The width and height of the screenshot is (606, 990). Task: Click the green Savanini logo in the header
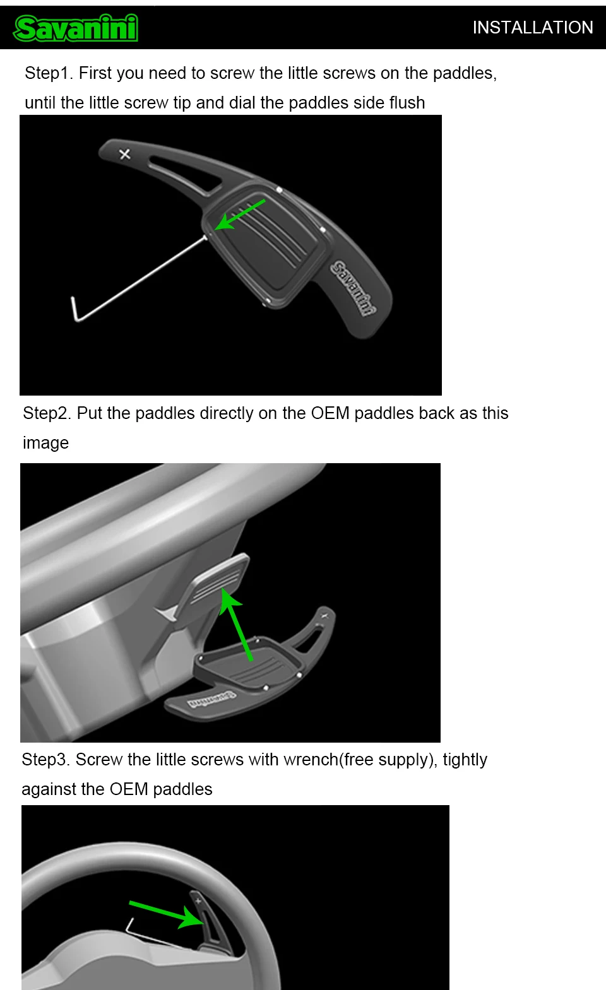point(76,28)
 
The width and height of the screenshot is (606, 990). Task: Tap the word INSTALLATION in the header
point(533,27)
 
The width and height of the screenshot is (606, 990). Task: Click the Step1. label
point(49,73)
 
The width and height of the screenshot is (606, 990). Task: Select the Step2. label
point(47,413)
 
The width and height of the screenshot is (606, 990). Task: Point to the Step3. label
point(46,760)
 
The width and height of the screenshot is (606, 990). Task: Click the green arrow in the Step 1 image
point(240,215)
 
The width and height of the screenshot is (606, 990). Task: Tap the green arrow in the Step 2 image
point(235,625)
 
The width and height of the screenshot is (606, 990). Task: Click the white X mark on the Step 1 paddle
point(124,154)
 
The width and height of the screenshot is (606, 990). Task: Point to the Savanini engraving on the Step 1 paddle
point(354,288)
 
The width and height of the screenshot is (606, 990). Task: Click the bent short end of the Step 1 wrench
point(74,309)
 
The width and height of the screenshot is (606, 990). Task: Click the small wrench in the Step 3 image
point(157,934)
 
